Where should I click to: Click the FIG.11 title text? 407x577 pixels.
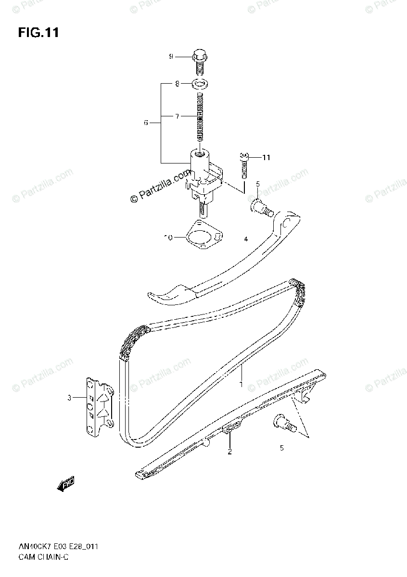pyautogui.click(x=38, y=33)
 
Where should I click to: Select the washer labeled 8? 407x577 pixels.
pyautogui.click(x=200, y=84)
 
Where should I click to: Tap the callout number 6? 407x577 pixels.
pyautogui.click(x=146, y=123)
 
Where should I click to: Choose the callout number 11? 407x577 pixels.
pyautogui.click(x=266, y=157)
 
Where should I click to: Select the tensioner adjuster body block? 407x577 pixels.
pyautogui.click(x=202, y=178)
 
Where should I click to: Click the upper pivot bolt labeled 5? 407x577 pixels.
pyautogui.click(x=260, y=208)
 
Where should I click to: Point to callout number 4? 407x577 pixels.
pyautogui.click(x=245, y=238)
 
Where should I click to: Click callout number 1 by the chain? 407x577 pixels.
pyautogui.click(x=242, y=385)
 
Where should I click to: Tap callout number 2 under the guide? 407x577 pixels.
pyautogui.click(x=229, y=452)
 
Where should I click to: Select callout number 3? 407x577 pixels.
pyautogui.click(x=69, y=398)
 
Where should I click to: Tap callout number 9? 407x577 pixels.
pyautogui.click(x=170, y=57)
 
